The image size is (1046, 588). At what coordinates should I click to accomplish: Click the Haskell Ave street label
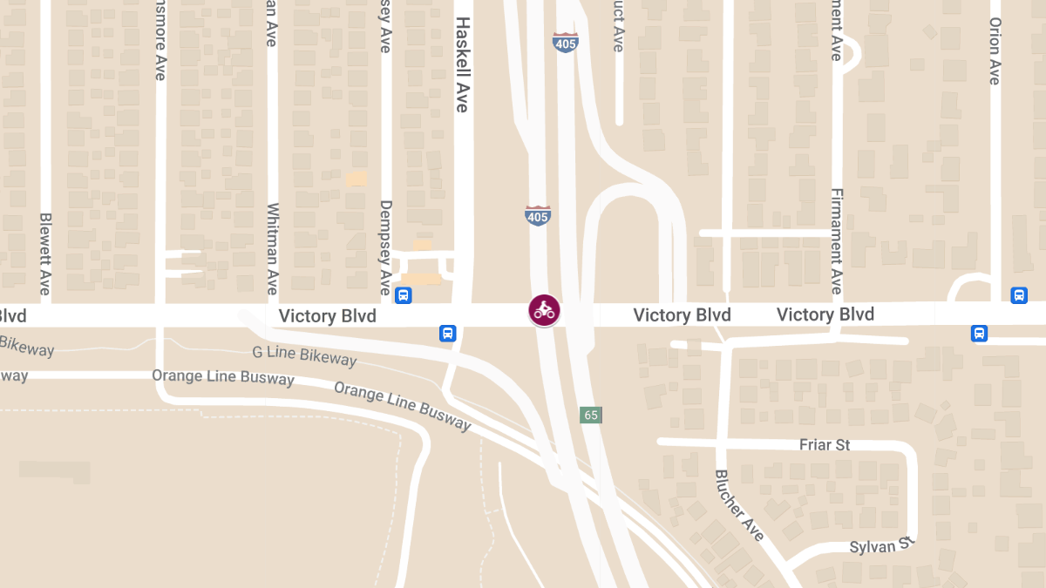point(462,64)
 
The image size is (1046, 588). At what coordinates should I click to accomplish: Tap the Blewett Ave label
point(45,253)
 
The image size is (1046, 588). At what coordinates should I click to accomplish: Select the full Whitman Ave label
point(273,249)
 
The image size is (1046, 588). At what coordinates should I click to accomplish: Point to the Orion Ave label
point(995,51)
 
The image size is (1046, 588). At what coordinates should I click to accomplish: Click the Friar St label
point(824,445)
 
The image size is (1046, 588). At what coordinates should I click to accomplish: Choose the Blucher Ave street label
point(739,505)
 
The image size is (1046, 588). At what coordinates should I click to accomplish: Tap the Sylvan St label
point(882,545)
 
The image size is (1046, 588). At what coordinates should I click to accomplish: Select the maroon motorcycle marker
point(544,310)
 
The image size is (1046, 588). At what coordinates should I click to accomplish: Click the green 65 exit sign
point(591,415)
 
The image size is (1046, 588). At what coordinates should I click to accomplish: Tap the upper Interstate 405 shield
point(565,42)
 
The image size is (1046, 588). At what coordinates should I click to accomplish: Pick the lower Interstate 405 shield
point(538,215)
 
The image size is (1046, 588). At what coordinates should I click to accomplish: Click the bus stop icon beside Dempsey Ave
point(404,295)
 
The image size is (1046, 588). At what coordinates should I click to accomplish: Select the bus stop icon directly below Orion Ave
point(1019,295)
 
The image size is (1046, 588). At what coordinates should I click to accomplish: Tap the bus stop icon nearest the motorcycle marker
point(447,333)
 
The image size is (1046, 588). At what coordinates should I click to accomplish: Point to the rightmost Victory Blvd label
point(825,314)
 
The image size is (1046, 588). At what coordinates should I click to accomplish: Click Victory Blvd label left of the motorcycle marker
point(327,315)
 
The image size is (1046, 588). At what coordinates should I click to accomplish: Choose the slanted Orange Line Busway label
point(403,406)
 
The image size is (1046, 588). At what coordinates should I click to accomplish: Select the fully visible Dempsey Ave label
point(385,247)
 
